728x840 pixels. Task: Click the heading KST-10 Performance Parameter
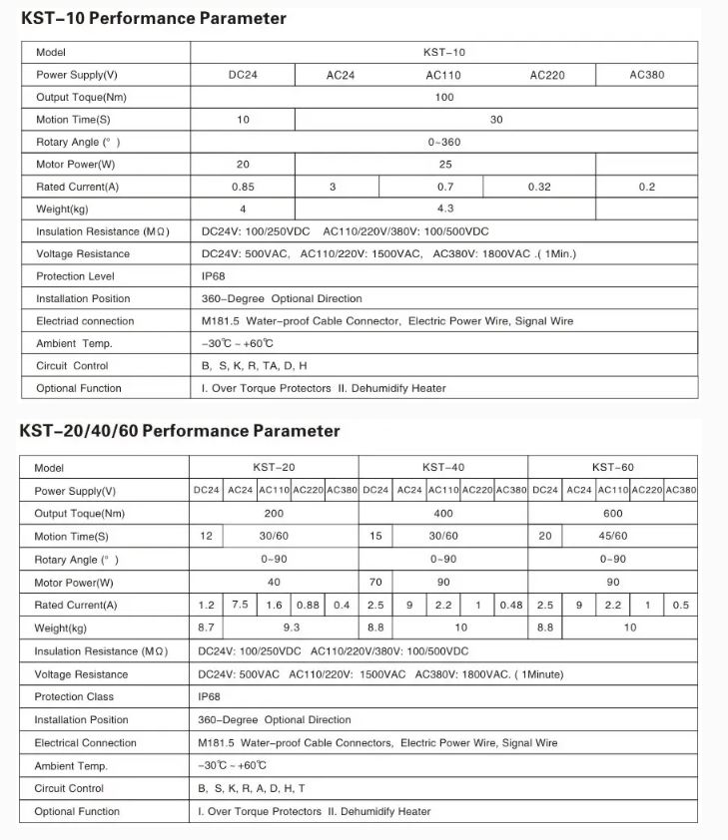tap(154, 18)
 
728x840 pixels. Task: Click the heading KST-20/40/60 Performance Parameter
tap(180, 431)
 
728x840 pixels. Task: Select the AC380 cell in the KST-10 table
tap(647, 75)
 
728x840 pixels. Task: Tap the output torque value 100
tap(444, 97)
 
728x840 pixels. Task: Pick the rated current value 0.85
tap(243, 187)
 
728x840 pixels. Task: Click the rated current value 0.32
tap(539, 187)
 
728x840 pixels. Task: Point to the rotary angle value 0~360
tap(444, 142)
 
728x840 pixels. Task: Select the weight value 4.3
tap(444, 209)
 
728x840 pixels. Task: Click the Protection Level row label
tap(76, 276)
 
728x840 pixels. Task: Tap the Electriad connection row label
tap(85, 321)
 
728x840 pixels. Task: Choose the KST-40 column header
tap(443, 467)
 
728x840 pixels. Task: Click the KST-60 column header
tap(612, 467)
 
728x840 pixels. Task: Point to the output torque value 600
tap(612, 513)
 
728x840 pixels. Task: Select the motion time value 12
tap(207, 536)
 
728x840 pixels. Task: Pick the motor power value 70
tap(375, 582)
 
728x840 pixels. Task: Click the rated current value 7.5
tap(240, 605)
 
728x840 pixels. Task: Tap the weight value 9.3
tap(291, 628)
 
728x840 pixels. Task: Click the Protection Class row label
tap(74, 696)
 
